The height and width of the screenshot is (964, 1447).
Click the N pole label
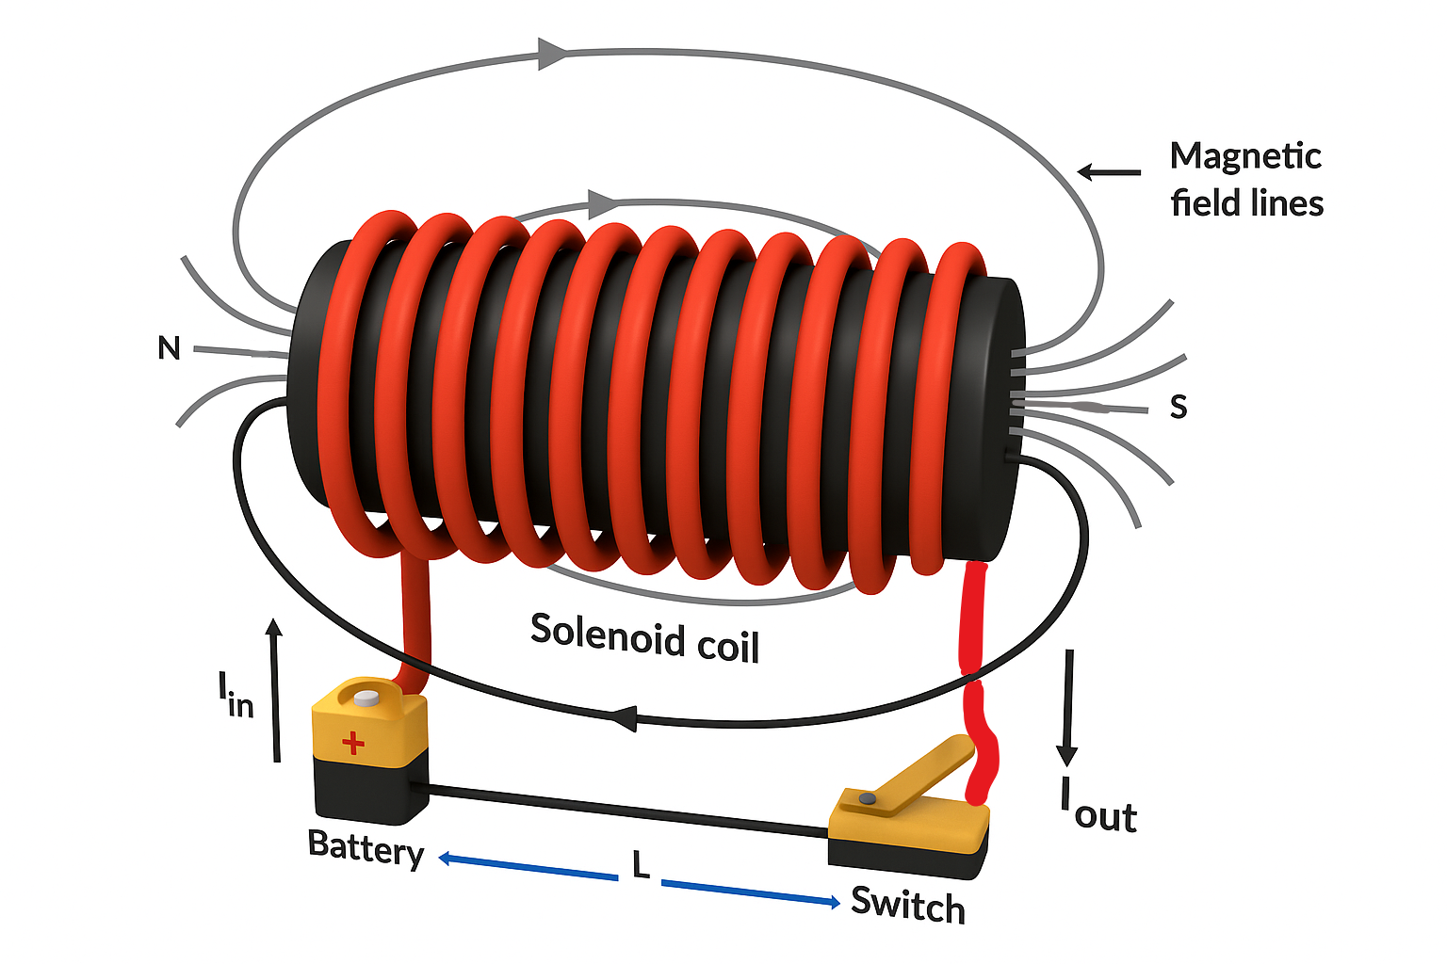pyautogui.click(x=169, y=348)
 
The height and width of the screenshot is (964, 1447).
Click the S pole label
pyautogui.click(x=1178, y=406)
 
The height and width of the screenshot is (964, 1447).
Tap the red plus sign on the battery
pyautogui.click(x=353, y=743)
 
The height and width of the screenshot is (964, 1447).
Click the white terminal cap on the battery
pyautogui.click(x=366, y=698)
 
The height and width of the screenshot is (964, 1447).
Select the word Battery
pyautogui.click(x=366, y=847)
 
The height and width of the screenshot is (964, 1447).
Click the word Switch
pyautogui.click(x=907, y=905)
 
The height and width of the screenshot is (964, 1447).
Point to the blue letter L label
pyautogui.click(x=642, y=864)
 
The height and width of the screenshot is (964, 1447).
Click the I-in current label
pyautogui.click(x=236, y=696)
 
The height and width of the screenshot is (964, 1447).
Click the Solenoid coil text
pyautogui.click(x=644, y=637)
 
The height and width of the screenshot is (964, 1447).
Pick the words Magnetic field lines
pyautogui.click(x=1245, y=179)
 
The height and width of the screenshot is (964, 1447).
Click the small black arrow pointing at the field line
pyautogui.click(x=1108, y=172)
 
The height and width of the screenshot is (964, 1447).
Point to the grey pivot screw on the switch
pyautogui.click(x=868, y=798)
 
